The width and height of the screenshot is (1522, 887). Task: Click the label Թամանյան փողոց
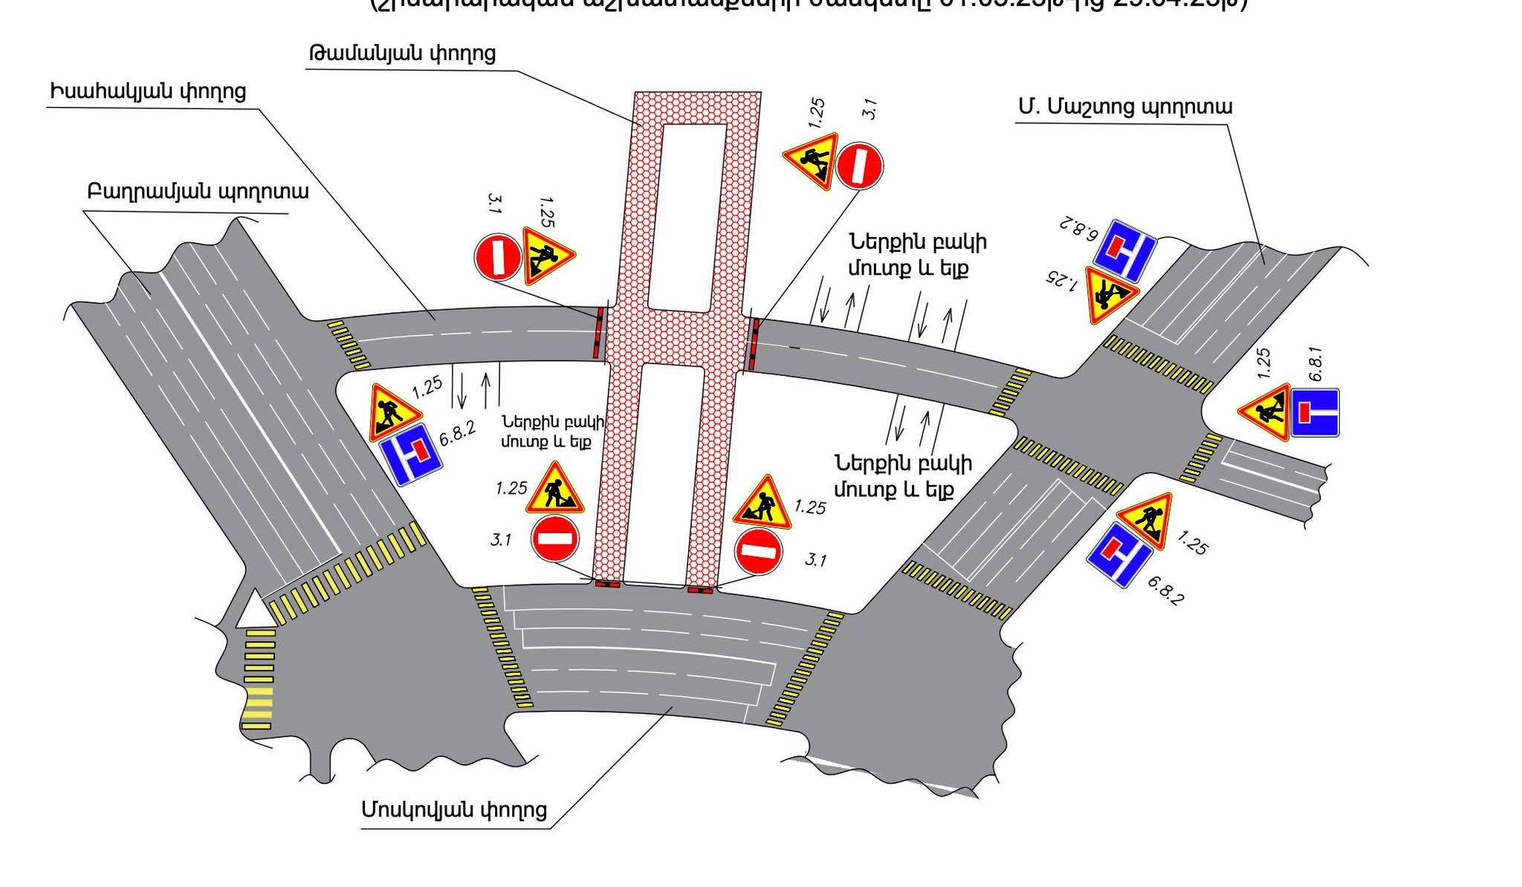tap(402, 53)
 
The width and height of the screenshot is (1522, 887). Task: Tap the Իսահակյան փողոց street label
tap(148, 92)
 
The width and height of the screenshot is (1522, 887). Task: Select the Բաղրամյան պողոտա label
tap(198, 192)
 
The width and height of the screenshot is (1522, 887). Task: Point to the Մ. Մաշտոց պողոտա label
tap(1125, 107)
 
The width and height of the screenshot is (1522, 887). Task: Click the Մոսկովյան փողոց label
tap(454, 809)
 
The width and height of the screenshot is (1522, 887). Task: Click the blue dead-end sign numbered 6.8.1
tap(1315, 412)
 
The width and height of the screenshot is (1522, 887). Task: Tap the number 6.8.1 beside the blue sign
tap(1315, 364)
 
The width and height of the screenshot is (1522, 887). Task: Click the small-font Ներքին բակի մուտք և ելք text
tap(553, 432)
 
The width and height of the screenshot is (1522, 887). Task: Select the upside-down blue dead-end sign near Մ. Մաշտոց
tap(1124, 250)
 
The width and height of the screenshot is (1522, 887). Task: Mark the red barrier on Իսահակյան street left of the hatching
tap(598, 335)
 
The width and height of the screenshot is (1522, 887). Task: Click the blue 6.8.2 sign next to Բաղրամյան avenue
tap(411, 454)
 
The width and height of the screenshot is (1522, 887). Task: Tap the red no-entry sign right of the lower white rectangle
tap(758, 552)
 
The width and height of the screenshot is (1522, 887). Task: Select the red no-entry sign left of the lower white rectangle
tap(554, 539)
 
